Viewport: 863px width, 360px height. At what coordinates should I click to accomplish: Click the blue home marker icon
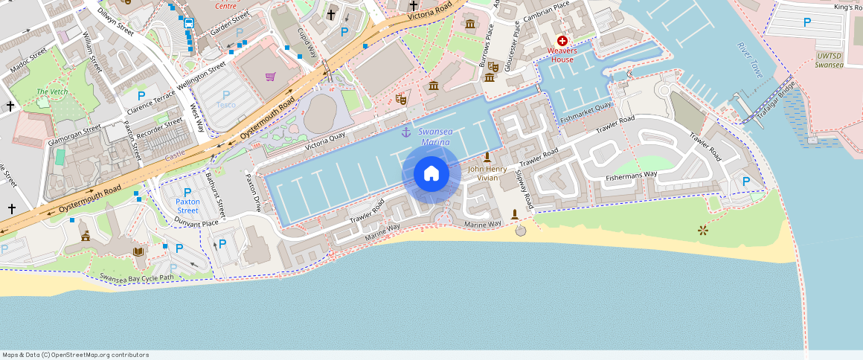click(x=431, y=174)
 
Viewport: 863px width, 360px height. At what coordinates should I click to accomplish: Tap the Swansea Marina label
click(x=435, y=137)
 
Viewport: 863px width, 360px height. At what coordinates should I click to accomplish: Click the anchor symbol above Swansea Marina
click(x=406, y=132)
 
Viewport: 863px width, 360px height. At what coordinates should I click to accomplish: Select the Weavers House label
click(x=562, y=54)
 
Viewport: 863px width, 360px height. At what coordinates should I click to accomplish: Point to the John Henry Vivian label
click(x=487, y=173)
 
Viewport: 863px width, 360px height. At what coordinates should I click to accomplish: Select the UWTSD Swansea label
click(x=830, y=60)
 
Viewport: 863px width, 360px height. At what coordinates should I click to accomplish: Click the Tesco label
click(x=226, y=105)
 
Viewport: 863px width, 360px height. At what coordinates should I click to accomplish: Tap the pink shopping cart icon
click(x=270, y=76)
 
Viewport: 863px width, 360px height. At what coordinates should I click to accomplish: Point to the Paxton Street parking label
click(x=187, y=206)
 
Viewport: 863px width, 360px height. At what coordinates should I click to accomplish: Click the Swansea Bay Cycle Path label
click(x=136, y=278)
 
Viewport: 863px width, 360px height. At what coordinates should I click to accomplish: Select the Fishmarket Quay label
click(x=586, y=113)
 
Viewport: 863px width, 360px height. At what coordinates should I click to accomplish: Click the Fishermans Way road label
click(x=632, y=175)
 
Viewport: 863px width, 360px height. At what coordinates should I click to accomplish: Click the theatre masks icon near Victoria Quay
click(x=401, y=98)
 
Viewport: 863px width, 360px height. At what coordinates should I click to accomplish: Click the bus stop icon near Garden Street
click(x=189, y=23)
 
